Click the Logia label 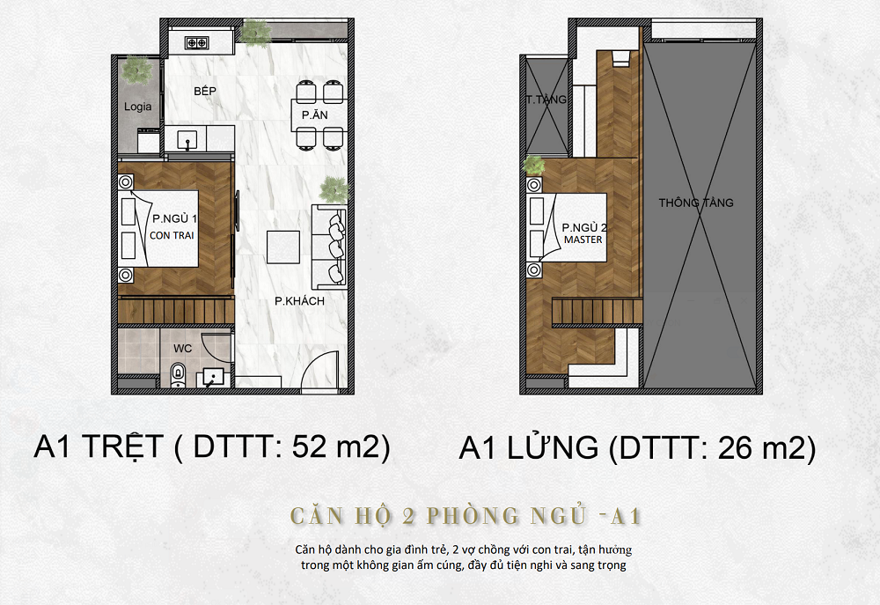(x=137, y=107)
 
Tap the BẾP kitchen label (x=205, y=91)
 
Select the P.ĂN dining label (x=314, y=115)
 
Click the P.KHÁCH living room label (x=299, y=301)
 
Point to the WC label (x=183, y=349)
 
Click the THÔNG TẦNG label (x=696, y=203)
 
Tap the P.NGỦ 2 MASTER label (x=583, y=233)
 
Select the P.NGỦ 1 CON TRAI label (x=172, y=227)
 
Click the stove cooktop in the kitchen (x=196, y=42)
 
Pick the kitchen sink (x=187, y=139)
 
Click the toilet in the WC (x=178, y=374)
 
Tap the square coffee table (x=282, y=247)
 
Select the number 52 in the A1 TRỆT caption (x=309, y=447)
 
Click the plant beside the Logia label (x=136, y=70)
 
